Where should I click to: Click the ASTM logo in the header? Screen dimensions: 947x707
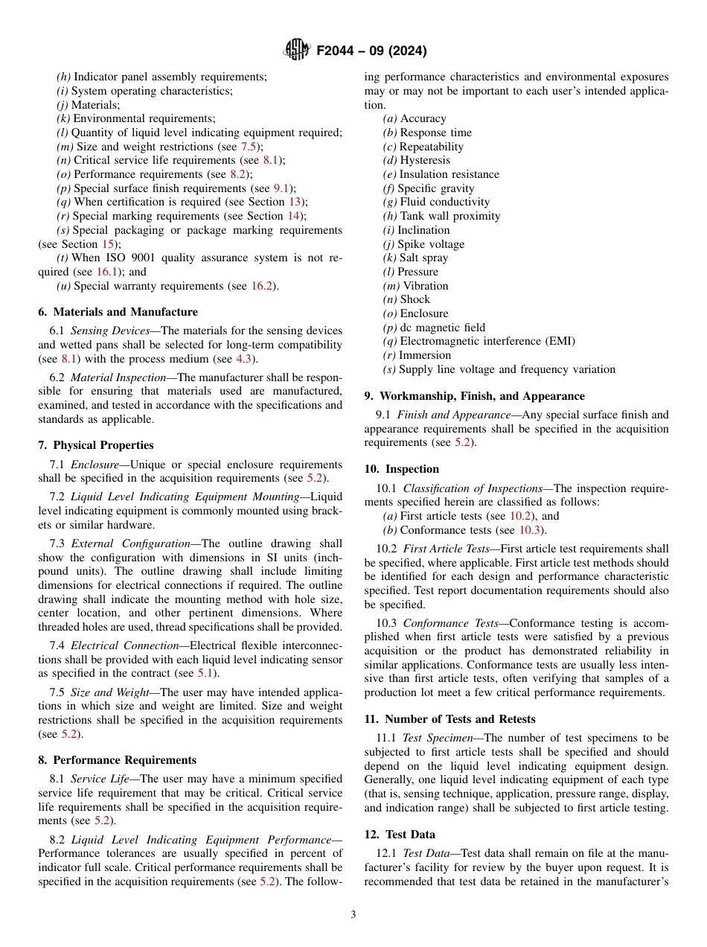coord(297,51)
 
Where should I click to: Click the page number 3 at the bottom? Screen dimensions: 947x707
coord(353,914)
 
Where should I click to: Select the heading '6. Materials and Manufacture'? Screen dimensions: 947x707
coord(118,312)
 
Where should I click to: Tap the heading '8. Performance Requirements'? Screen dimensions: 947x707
coord(117,760)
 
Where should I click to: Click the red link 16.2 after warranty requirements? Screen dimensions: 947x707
coord(265,286)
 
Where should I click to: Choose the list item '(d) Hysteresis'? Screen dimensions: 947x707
coord(416,160)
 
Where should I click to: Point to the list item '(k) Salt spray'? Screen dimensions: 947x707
coord(415,258)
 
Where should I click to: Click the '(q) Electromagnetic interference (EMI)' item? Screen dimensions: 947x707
coord(479,341)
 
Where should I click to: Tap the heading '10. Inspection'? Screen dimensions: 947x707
coord(401,469)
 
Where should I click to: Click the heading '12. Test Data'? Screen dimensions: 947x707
coord(400,835)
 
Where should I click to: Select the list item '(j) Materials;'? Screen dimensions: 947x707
coord(88,105)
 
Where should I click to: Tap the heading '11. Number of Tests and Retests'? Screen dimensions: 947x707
coord(450,719)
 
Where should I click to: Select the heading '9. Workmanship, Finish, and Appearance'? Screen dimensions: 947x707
coord(474,396)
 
